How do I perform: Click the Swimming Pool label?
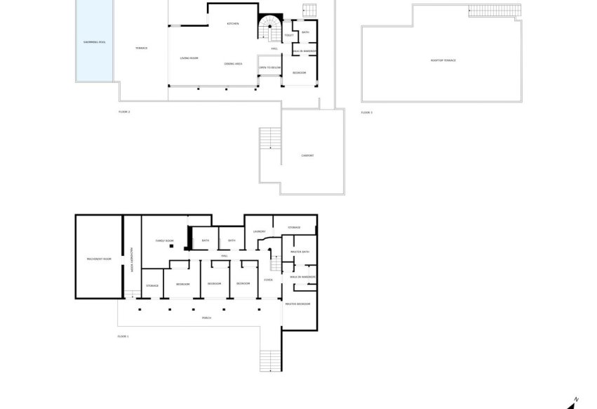[x=94, y=42]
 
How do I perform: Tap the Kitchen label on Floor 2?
[x=232, y=24]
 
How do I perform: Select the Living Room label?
[x=189, y=58]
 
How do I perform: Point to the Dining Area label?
[x=234, y=64]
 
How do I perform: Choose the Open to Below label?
[x=270, y=67]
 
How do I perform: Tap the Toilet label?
[x=289, y=35]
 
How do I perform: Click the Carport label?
[x=307, y=155]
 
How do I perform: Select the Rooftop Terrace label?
[x=443, y=60]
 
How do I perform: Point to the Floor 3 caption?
[x=367, y=112]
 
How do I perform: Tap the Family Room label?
[x=164, y=240]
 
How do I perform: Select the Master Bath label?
[x=300, y=252]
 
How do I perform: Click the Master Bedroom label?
[x=298, y=304]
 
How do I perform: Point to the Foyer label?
[x=268, y=280]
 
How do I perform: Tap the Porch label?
[x=206, y=318]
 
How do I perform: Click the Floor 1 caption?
[x=124, y=337]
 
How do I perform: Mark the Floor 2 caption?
[x=124, y=112]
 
